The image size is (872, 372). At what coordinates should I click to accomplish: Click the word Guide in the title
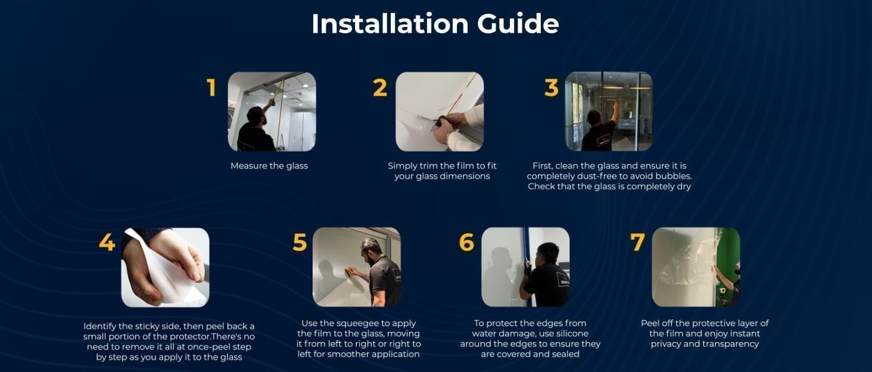pyautogui.click(x=518, y=24)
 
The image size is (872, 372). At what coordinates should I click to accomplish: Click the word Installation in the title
pyautogui.click(x=390, y=23)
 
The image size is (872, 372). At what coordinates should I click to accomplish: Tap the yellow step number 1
pyautogui.click(x=211, y=87)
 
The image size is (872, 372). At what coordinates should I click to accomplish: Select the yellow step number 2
pyautogui.click(x=380, y=87)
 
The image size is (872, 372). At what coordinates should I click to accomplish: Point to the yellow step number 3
pyautogui.click(x=551, y=87)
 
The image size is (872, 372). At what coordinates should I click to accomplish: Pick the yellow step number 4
pyautogui.click(x=107, y=242)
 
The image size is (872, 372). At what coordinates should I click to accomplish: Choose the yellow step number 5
pyautogui.click(x=300, y=242)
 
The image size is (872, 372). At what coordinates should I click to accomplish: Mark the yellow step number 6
pyautogui.click(x=467, y=242)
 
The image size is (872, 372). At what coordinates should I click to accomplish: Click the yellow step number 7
pyautogui.click(x=638, y=242)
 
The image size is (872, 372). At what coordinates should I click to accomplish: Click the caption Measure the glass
pyautogui.click(x=269, y=166)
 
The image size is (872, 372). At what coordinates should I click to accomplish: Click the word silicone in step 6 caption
pyautogui.click(x=571, y=333)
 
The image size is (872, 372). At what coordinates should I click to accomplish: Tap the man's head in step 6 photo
pyautogui.click(x=548, y=253)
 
